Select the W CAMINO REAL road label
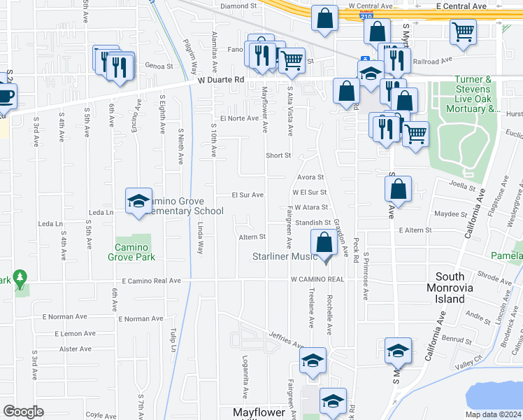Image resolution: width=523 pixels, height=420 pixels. click(x=318, y=279)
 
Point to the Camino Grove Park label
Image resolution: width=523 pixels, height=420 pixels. click(x=131, y=252)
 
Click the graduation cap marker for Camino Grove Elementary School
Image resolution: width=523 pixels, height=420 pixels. click(x=139, y=201)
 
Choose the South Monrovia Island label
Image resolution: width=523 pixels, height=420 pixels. click(x=459, y=288)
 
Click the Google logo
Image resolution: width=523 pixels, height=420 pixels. click(x=24, y=412)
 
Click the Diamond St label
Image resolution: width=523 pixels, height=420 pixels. click(x=234, y=6)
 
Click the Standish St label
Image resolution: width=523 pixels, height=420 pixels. click(x=312, y=223)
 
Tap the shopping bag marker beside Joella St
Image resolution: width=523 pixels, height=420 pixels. click(x=398, y=189)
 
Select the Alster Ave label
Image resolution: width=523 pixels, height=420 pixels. click(x=76, y=349)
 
